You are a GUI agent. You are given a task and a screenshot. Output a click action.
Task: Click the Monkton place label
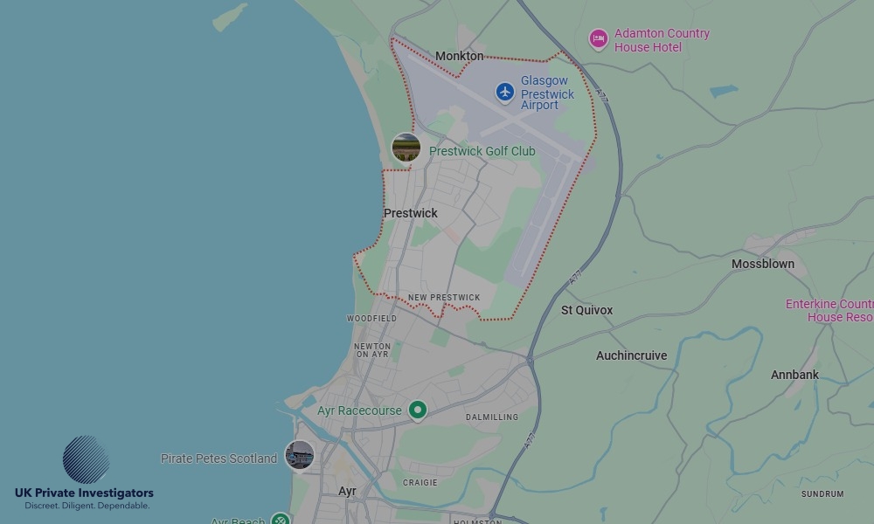(x=459, y=56)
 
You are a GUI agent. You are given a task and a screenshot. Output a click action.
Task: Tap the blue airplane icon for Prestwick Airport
(x=504, y=92)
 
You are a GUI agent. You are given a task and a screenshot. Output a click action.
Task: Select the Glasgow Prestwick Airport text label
(x=547, y=93)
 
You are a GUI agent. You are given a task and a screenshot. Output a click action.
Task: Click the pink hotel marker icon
(x=598, y=38)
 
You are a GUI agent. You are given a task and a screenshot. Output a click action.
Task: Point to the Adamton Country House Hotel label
(x=662, y=40)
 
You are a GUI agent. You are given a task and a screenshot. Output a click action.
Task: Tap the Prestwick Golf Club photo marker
(x=406, y=148)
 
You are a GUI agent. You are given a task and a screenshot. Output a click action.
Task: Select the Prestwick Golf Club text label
(x=482, y=151)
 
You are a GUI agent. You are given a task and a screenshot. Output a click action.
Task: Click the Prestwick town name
(x=411, y=213)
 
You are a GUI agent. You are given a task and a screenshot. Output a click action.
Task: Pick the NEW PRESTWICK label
(x=444, y=298)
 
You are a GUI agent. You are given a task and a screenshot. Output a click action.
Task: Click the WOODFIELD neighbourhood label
(x=371, y=319)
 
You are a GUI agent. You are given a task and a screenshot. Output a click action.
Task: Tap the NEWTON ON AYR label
(x=372, y=350)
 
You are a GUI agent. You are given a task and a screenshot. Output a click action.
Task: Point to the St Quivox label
(x=586, y=310)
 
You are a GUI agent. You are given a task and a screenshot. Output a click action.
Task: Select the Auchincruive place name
(x=631, y=355)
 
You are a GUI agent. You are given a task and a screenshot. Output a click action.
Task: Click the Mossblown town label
(x=763, y=264)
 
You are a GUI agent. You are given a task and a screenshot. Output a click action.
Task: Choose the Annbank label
(x=794, y=375)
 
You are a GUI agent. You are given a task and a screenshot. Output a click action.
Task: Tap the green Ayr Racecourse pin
(x=418, y=410)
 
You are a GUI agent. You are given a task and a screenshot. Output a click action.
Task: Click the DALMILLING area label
(x=491, y=417)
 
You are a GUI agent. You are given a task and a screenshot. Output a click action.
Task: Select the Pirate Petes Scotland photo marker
(x=300, y=455)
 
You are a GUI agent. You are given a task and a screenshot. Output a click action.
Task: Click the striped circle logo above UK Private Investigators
(x=86, y=459)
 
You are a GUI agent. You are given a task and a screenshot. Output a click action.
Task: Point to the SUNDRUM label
(x=822, y=494)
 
